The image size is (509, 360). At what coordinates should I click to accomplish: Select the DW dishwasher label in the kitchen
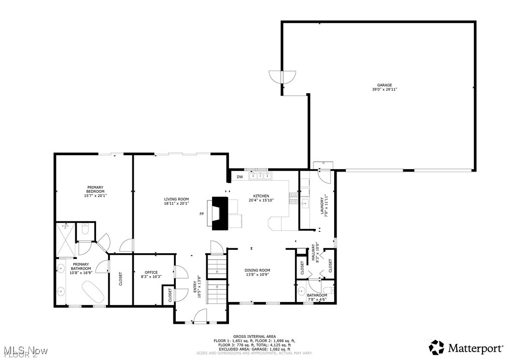[x=240, y=177]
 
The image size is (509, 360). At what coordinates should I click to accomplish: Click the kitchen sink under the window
[x=260, y=176]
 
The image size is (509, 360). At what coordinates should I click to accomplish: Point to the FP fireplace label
[x=202, y=214]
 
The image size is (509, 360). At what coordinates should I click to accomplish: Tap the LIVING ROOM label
[x=176, y=199]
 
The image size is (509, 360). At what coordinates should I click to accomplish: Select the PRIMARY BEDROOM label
[x=95, y=189]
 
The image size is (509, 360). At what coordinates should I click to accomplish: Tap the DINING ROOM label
[x=257, y=270]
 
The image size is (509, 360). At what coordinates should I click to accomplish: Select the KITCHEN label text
[x=262, y=196]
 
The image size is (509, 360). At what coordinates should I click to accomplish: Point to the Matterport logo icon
[x=437, y=347]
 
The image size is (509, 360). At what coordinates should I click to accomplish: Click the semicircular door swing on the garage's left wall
[x=283, y=76]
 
